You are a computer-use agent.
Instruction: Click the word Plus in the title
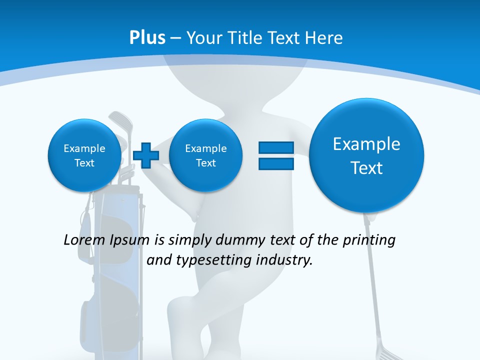point(147,38)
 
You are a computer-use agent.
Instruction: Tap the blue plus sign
point(146,155)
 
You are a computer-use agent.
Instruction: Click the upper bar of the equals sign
point(276,147)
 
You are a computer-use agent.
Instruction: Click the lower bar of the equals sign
point(276,163)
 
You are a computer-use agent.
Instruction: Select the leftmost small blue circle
point(84,155)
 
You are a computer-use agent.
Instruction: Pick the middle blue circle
point(205,155)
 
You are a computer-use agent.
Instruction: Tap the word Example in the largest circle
point(366,144)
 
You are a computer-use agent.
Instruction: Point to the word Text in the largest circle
point(366,168)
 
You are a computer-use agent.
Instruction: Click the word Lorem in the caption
point(84,240)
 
